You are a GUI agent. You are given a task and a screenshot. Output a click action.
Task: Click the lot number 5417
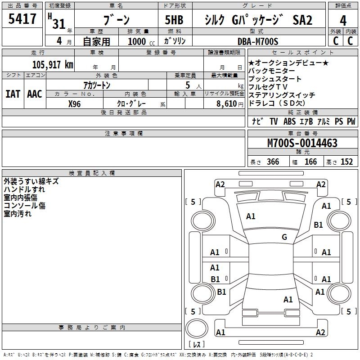pyautogui.click(x=22, y=20)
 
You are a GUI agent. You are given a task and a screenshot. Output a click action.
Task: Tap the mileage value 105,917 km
pyautogui.click(x=53, y=64)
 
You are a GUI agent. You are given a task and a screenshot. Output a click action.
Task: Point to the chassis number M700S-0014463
pyautogui.click(x=302, y=143)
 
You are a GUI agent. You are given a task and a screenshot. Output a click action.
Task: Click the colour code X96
pyautogui.click(x=75, y=103)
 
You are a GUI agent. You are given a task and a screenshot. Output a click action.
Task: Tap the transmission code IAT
pyautogui.click(x=12, y=94)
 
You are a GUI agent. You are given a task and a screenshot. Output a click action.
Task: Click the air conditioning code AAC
pyautogui.click(x=34, y=94)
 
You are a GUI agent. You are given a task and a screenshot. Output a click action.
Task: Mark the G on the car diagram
pyautogui.click(x=284, y=237)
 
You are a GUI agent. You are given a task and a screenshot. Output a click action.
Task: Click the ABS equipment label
pyautogui.click(x=289, y=121)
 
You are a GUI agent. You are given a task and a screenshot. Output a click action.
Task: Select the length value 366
pyautogui.click(x=273, y=162)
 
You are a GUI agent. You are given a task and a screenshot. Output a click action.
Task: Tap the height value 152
pyautogui.click(x=346, y=162)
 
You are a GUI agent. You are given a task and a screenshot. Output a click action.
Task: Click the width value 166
pyautogui.click(x=310, y=162)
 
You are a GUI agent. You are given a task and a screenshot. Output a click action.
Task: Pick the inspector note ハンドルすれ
pyautogui.click(x=24, y=189)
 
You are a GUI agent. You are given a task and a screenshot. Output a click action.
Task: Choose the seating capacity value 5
pyautogui.click(x=187, y=85)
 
